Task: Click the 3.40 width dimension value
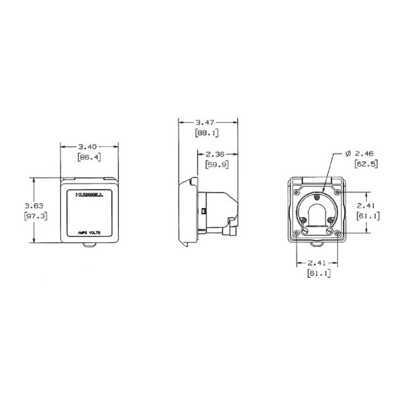89,146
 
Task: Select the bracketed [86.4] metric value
89,158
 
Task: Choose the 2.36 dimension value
216,154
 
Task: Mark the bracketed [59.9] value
216,165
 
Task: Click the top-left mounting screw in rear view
295,189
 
